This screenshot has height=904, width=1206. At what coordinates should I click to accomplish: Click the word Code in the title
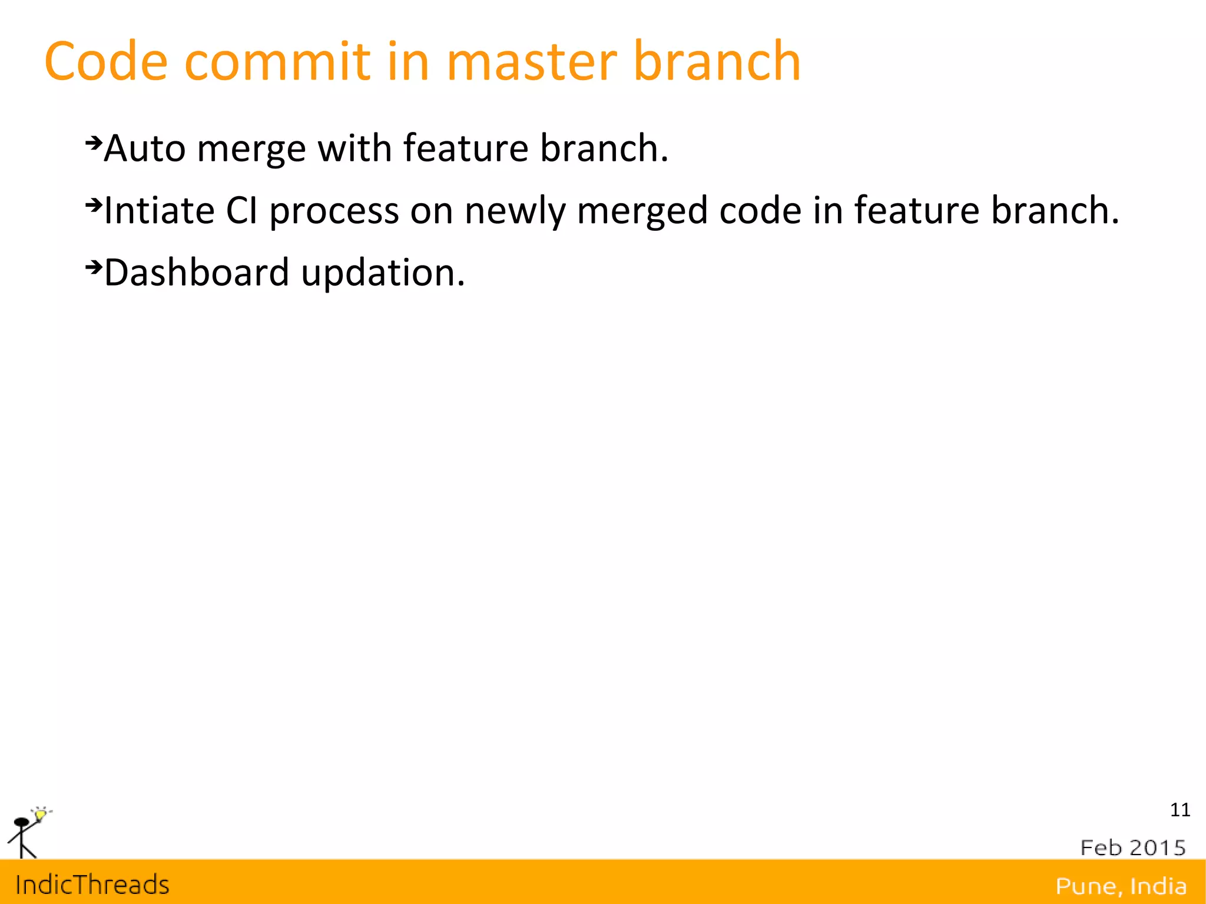[x=106, y=61]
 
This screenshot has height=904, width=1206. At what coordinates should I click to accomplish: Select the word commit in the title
[x=277, y=61]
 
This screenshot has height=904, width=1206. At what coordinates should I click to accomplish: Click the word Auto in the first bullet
[x=144, y=148]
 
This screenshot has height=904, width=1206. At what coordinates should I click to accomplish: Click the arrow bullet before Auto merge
[x=94, y=143]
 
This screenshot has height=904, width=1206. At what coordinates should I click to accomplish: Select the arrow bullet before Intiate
[x=94, y=205]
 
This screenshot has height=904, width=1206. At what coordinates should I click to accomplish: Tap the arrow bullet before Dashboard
[x=94, y=267]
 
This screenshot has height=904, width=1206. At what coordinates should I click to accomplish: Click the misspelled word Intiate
[x=159, y=210]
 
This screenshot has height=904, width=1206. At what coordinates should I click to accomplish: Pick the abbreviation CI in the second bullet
[x=241, y=210]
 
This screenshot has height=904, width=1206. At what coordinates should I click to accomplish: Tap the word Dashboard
[x=197, y=273]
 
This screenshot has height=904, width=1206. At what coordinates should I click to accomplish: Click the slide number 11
[x=1180, y=810]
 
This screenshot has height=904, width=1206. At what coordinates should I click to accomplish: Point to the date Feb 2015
[x=1132, y=847]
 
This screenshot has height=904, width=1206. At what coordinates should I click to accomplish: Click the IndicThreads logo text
[x=92, y=885]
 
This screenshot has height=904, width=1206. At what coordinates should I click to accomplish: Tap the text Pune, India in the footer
[x=1121, y=886]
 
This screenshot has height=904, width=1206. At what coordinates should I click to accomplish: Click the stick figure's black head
[x=21, y=822]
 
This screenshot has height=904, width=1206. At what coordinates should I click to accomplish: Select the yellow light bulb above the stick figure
[x=40, y=814]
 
